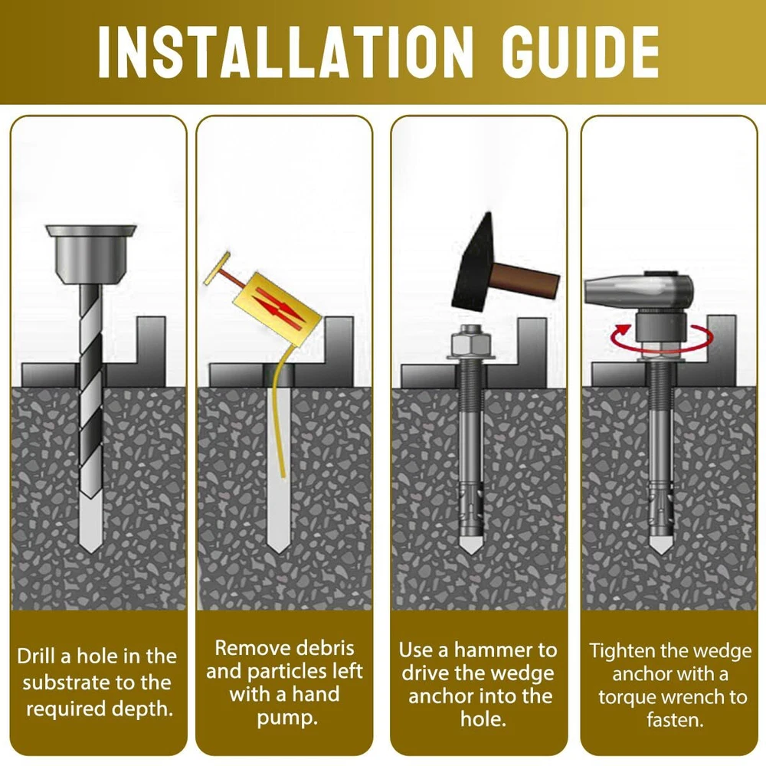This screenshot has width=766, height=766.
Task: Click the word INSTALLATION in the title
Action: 285,52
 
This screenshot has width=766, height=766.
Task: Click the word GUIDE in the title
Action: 581,52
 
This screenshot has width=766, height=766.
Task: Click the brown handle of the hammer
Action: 525,280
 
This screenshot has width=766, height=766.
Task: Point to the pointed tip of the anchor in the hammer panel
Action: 470,553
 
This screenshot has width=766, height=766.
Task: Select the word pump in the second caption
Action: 286,719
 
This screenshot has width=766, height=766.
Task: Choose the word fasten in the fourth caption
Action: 674,720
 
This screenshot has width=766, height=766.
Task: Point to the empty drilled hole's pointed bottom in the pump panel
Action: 280,552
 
